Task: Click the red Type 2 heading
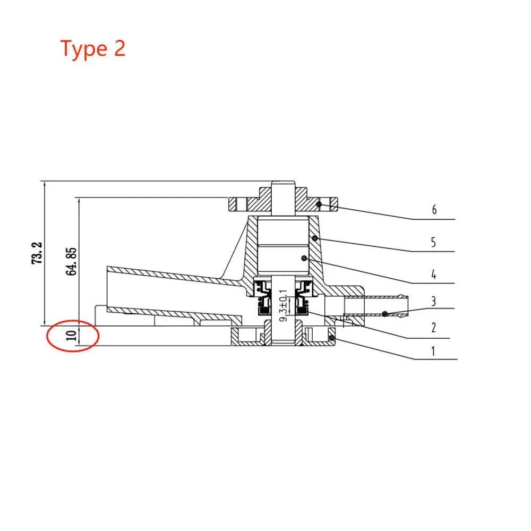[x=93, y=49]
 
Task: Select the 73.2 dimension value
[x=37, y=253]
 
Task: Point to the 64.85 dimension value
[x=71, y=262]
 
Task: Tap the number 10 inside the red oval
[x=71, y=336]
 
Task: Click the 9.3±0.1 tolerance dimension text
[x=284, y=305]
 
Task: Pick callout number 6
[x=434, y=210]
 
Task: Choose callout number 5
[x=433, y=243]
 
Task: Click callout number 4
[x=433, y=274]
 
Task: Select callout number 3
[x=433, y=301]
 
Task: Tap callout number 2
[x=433, y=328]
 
